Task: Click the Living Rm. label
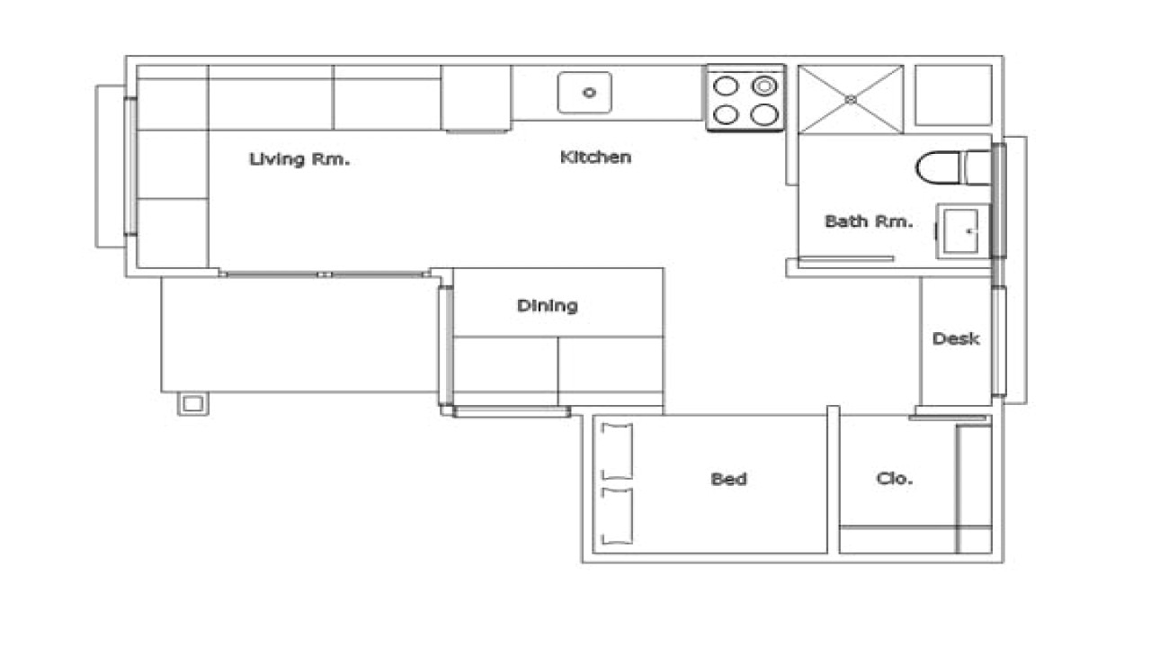coord(299,160)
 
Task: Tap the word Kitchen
coord(595,157)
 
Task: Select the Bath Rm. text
coord(869,221)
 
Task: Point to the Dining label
coord(547,306)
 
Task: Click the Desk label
coord(955,339)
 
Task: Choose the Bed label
coord(728,479)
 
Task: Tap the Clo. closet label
coord(894,479)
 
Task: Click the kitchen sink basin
coord(585,93)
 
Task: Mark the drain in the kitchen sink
coord(590,93)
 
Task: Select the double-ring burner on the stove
coord(763,86)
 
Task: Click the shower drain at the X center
coord(851,99)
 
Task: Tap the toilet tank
coord(977,168)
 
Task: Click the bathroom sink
coord(963,231)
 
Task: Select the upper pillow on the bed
coord(617,450)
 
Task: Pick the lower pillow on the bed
coord(617,516)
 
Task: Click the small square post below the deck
coord(192,403)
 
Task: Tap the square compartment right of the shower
coord(953,94)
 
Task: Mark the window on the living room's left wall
coord(130,166)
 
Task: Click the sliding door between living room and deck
coord(324,274)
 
